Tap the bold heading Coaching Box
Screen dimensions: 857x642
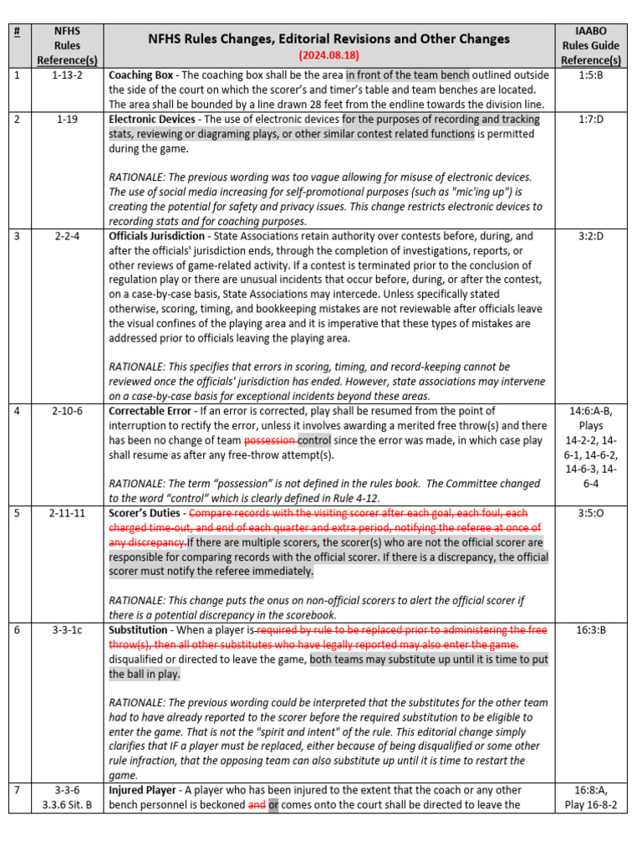[141, 75]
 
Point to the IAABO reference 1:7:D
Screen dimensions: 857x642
[591, 120]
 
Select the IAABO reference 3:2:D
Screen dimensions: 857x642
[591, 236]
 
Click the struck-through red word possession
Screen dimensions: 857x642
[270, 440]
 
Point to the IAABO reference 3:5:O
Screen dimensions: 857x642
[591, 512]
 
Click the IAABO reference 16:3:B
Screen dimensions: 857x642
[591, 629]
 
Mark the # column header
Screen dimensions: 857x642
[16, 30]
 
